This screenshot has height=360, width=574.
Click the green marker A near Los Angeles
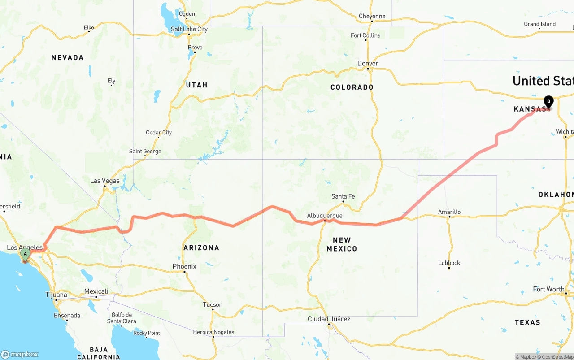click(x=25, y=254)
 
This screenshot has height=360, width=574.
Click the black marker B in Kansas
click(x=548, y=102)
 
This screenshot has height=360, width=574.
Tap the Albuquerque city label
click(x=325, y=216)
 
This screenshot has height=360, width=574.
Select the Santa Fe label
click(x=343, y=196)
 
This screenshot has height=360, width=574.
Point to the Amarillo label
click(x=449, y=212)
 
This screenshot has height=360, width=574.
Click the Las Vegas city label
click(x=105, y=181)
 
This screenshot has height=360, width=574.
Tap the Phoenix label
click(x=184, y=266)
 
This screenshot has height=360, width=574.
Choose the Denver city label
click(x=368, y=64)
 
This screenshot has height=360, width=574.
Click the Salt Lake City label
click(x=189, y=29)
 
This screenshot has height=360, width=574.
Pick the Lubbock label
click(x=449, y=263)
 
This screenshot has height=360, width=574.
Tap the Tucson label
click(x=213, y=305)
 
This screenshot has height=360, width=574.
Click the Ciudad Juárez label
click(x=329, y=319)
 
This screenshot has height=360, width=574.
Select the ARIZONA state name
click(x=201, y=247)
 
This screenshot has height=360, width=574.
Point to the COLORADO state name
click(x=352, y=87)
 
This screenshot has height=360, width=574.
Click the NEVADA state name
click(x=67, y=57)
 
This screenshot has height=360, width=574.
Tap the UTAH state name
click(x=196, y=85)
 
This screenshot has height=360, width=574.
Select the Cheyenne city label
click(x=372, y=17)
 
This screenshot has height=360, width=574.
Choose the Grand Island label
click(x=539, y=24)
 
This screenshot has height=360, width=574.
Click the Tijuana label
click(x=56, y=295)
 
